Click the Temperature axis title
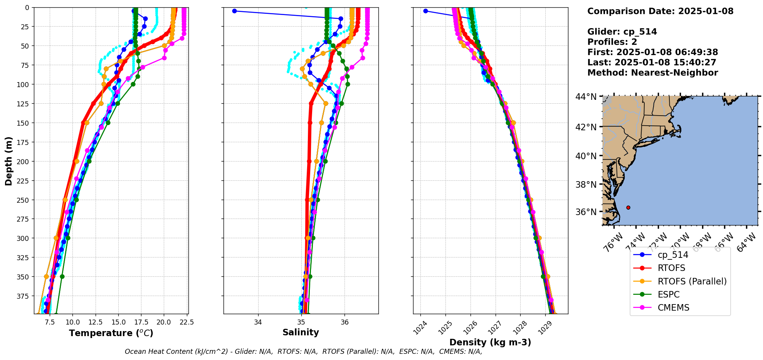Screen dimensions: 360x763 (111, 333)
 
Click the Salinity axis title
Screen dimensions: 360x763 (301, 332)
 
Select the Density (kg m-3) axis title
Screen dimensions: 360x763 (490, 342)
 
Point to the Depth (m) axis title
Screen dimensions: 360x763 (8, 161)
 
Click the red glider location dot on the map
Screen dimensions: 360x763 (628, 207)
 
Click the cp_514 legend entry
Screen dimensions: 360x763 (673, 255)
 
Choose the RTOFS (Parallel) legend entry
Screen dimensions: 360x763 (692, 281)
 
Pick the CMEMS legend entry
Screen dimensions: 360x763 (673, 308)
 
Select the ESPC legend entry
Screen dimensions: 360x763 (669, 294)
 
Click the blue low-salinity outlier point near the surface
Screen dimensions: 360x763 (234, 11)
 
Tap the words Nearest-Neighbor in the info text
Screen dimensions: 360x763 (674, 73)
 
